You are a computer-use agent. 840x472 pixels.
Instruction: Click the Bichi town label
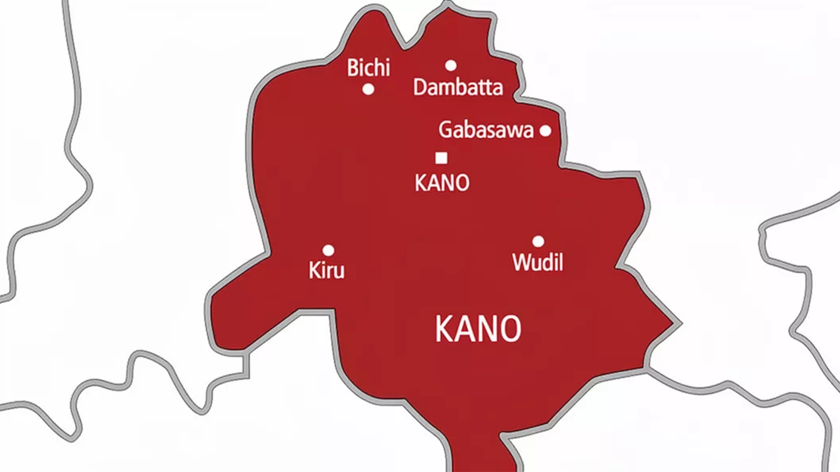pos(368,68)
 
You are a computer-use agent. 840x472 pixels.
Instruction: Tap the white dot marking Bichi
pos(368,89)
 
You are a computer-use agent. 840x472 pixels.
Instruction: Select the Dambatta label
pos(458,87)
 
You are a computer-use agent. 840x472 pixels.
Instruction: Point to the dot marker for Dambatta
pos(451,66)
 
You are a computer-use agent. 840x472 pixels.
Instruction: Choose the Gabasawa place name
pos(486,130)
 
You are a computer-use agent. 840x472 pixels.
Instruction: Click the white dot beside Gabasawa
pos(545,131)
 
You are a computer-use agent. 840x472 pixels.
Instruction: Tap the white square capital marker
pos(441,158)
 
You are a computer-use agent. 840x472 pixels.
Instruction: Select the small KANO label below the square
pos(442,182)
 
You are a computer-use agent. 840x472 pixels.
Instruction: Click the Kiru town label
pos(327,270)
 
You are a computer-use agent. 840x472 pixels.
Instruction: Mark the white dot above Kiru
pos(328,250)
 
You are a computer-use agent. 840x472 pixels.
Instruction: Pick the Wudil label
pos(537,262)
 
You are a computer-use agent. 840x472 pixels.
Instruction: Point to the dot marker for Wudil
pos(538,242)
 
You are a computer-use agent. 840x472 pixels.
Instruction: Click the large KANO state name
pos(478,329)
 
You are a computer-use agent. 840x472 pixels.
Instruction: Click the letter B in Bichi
pos(352,68)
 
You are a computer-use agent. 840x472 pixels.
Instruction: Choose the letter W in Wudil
pos(521,262)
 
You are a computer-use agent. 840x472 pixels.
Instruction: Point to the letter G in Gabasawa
pos(445,130)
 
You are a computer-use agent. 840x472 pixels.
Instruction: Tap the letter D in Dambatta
pos(420,87)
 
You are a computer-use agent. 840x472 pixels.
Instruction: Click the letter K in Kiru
pos(315,270)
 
